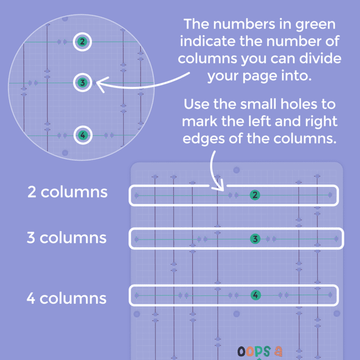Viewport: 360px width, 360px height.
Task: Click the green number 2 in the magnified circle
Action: pyautogui.click(x=82, y=42)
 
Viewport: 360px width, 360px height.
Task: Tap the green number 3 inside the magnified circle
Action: pyautogui.click(x=82, y=83)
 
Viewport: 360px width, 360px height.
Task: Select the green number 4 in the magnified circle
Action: pyautogui.click(x=82, y=136)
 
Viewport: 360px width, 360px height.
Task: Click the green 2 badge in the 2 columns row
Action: pyautogui.click(x=255, y=195)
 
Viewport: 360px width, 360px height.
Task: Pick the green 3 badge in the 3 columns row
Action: pyautogui.click(x=255, y=239)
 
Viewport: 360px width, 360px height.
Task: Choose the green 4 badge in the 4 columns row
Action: pyautogui.click(x=255, y=295)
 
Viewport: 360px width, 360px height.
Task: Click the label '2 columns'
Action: pyautogui.click(x=67, y=192)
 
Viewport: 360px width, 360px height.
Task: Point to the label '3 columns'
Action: pyautogui.click(x=67, y=238)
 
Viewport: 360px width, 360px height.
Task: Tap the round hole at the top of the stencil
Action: pyautogui.click(x=237, y=170)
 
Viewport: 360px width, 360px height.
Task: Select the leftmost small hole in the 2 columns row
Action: pyautogui.click(x=136, y=195)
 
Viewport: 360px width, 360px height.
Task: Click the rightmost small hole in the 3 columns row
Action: pyautogui.click(x=337, y=239)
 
